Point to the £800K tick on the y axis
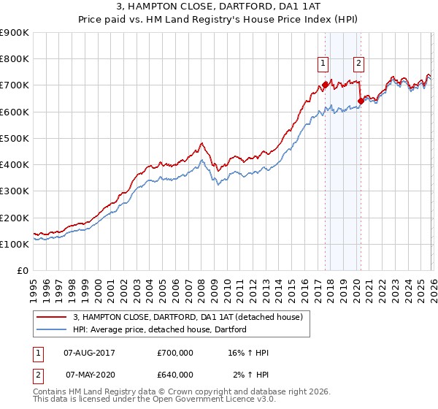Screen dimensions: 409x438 pos(15,59)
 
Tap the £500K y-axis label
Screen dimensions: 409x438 pos(15,138)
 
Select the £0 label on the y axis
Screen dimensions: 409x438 pos(22,271)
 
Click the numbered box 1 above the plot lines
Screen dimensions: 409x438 pos(323,64)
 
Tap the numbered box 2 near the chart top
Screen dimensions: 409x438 pos(359,64)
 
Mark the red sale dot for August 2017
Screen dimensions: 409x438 pos(325,85)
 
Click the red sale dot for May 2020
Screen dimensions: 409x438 pos(361,101)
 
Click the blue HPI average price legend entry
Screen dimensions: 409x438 pos(160,329)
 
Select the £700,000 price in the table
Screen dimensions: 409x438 pos(175,353)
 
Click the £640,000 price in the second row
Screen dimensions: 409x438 pos(175,375)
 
